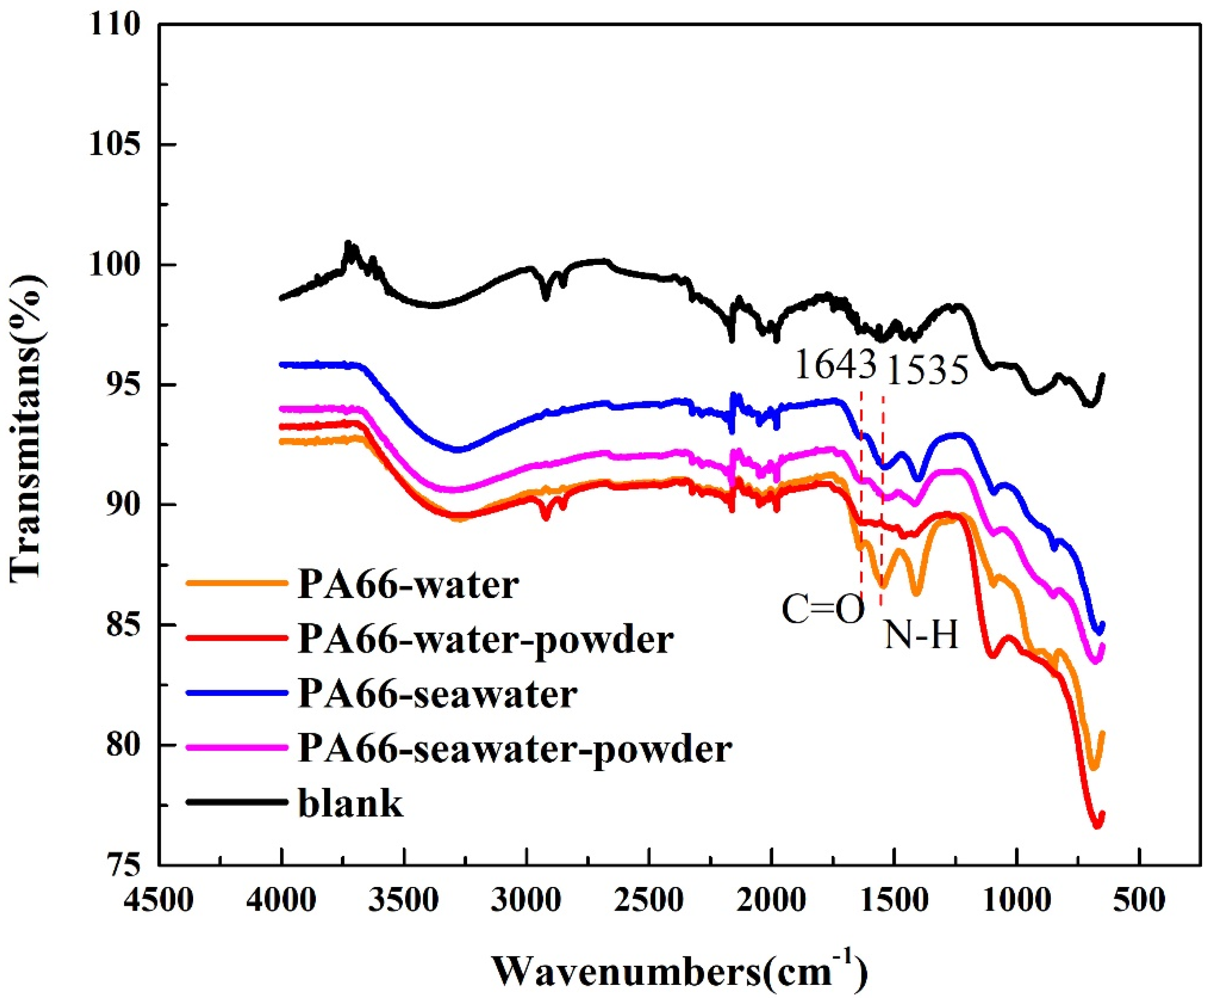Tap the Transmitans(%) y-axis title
[26, 426]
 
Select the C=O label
[823, 609]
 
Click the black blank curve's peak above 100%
[348, 244]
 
